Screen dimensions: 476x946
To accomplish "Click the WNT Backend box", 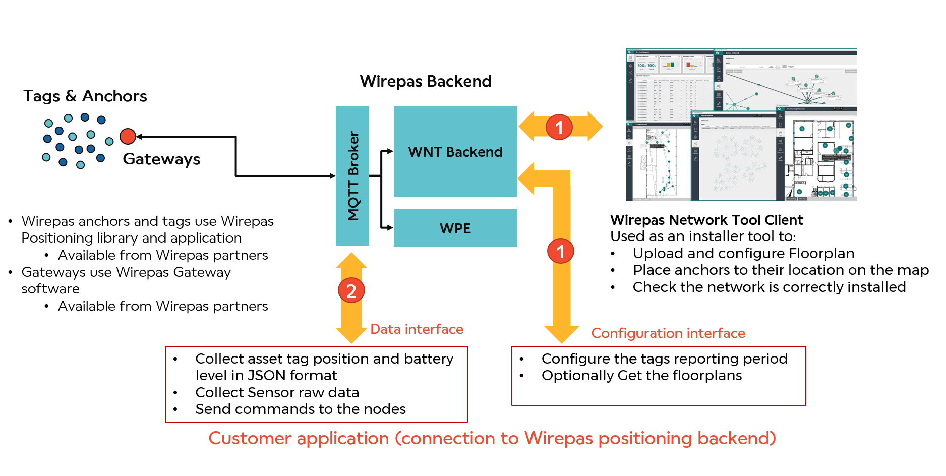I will click(x=455, y=151).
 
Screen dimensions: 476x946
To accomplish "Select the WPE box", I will click(x=455, y=228).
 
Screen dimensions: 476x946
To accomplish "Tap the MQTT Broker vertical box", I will click(x=352, y=175).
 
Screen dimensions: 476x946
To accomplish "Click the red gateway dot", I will click(x=128, y=136).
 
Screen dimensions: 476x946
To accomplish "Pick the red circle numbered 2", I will click(x=351, y=291).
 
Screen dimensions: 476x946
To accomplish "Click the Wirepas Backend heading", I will click(x=426, y=81).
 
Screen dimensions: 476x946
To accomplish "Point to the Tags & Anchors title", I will click(x=85, y=96).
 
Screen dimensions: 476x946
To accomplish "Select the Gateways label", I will click(x=161, y=159).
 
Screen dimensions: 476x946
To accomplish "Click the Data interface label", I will click(x=417, y=329).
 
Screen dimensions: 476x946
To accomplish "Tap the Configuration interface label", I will click(x=668, y=333).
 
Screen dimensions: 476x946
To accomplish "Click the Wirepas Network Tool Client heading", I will click(x=706, y=220).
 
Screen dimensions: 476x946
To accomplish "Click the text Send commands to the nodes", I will click(x=301, y=409).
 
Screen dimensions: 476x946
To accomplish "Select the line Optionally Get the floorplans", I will click(x=641, y=376).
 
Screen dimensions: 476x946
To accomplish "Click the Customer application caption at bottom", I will click(x=492, y=438).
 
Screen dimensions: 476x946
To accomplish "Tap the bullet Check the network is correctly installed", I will click(x=769, y=287).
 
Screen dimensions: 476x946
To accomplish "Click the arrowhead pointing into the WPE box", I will click(x=390, y=228).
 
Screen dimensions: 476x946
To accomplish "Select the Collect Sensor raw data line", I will click(x=277, y=392).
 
